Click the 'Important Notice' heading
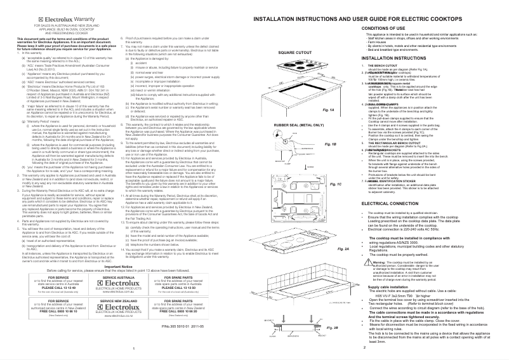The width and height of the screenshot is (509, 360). pyautogui.click(x=126, y=267)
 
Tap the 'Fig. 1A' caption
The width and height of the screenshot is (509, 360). pyautogui.click(x=329, y=109)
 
